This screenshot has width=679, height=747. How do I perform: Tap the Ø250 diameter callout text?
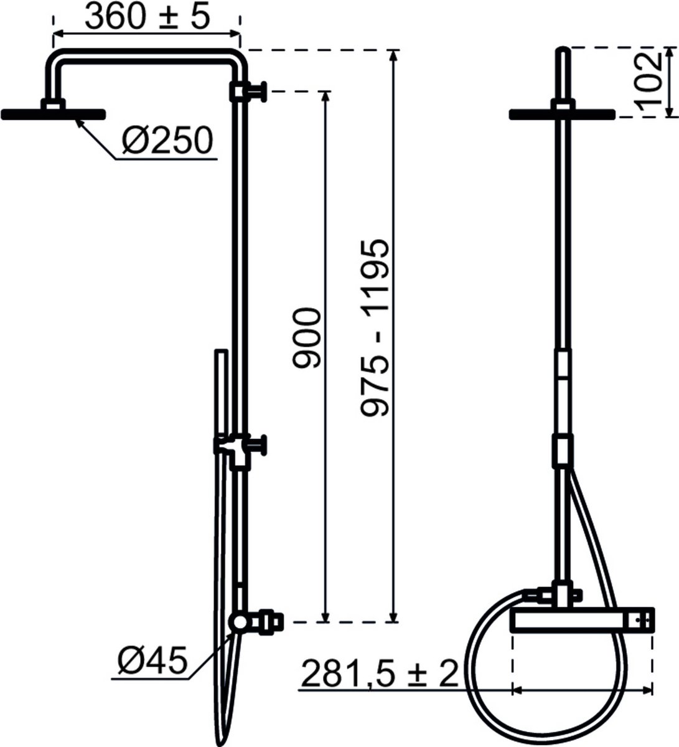click(x=167, y=141)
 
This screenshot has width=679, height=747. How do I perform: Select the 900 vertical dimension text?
click(x=306, y=337)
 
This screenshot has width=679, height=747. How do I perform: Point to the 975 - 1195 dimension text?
click(x=375, y=327)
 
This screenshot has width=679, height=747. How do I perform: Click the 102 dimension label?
click(x=650, y=82)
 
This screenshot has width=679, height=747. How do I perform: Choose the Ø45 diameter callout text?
click(x=152, y=660)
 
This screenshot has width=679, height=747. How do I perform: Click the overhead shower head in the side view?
click(x=54, y=115)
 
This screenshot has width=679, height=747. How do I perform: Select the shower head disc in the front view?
click(x=562, y=115)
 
